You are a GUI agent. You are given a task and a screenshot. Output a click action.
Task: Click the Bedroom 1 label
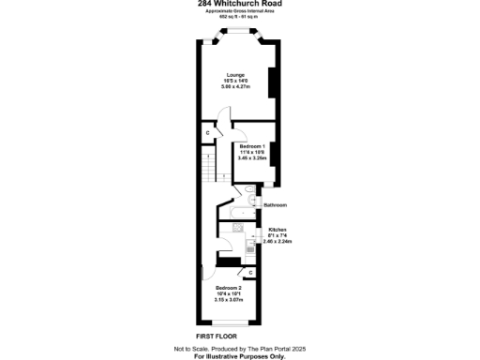point(252,147)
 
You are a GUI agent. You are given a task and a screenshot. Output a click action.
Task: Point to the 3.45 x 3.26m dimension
point(252,159)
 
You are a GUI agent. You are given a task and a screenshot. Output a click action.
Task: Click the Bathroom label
point(275,204)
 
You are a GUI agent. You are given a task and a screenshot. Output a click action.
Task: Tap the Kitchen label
point(277,230)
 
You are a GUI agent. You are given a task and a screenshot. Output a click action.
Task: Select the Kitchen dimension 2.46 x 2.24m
point(277,242)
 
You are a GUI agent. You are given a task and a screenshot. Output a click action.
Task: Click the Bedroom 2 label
point(229,287)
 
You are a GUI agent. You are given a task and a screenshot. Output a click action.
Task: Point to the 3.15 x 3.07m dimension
point(229,300)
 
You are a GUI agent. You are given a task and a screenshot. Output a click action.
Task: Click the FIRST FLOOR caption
point(216,335)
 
